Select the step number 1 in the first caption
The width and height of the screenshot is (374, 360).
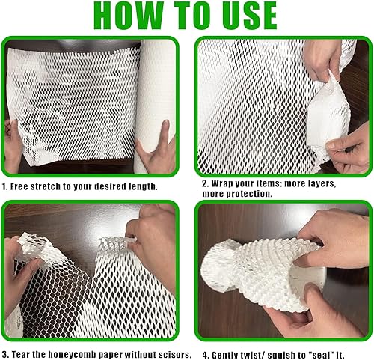point(4,186)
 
